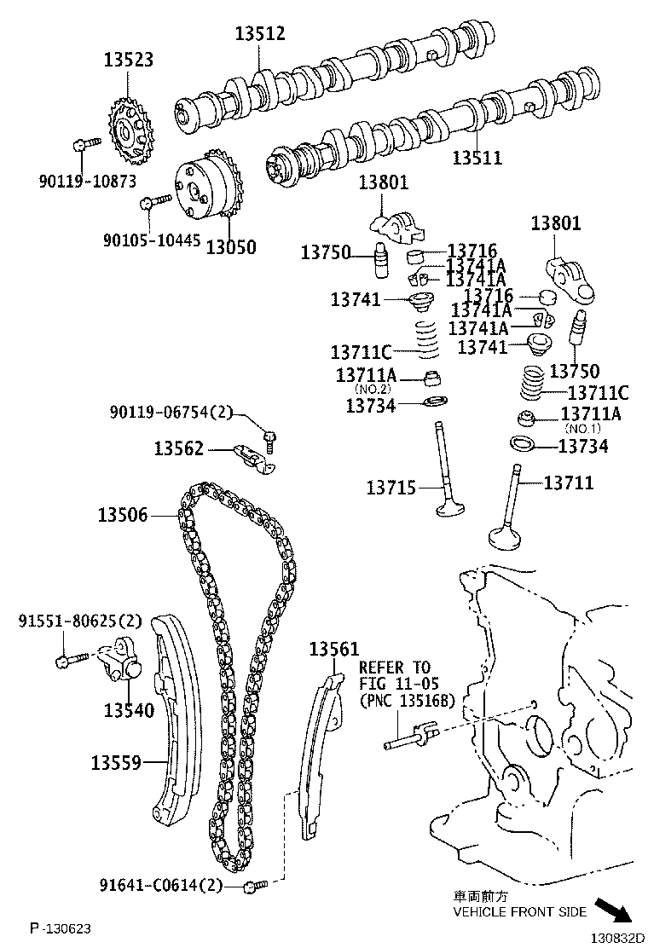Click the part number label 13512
pyautogui.click(x=260, y=34)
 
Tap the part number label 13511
pyautogui.click(x=477, y=158)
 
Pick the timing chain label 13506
pyautogui.click(x=122, y=515)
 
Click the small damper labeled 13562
pyautogui.click(x=255, y=454)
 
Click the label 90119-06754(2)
pyautogui.click(x=171, y=413)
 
